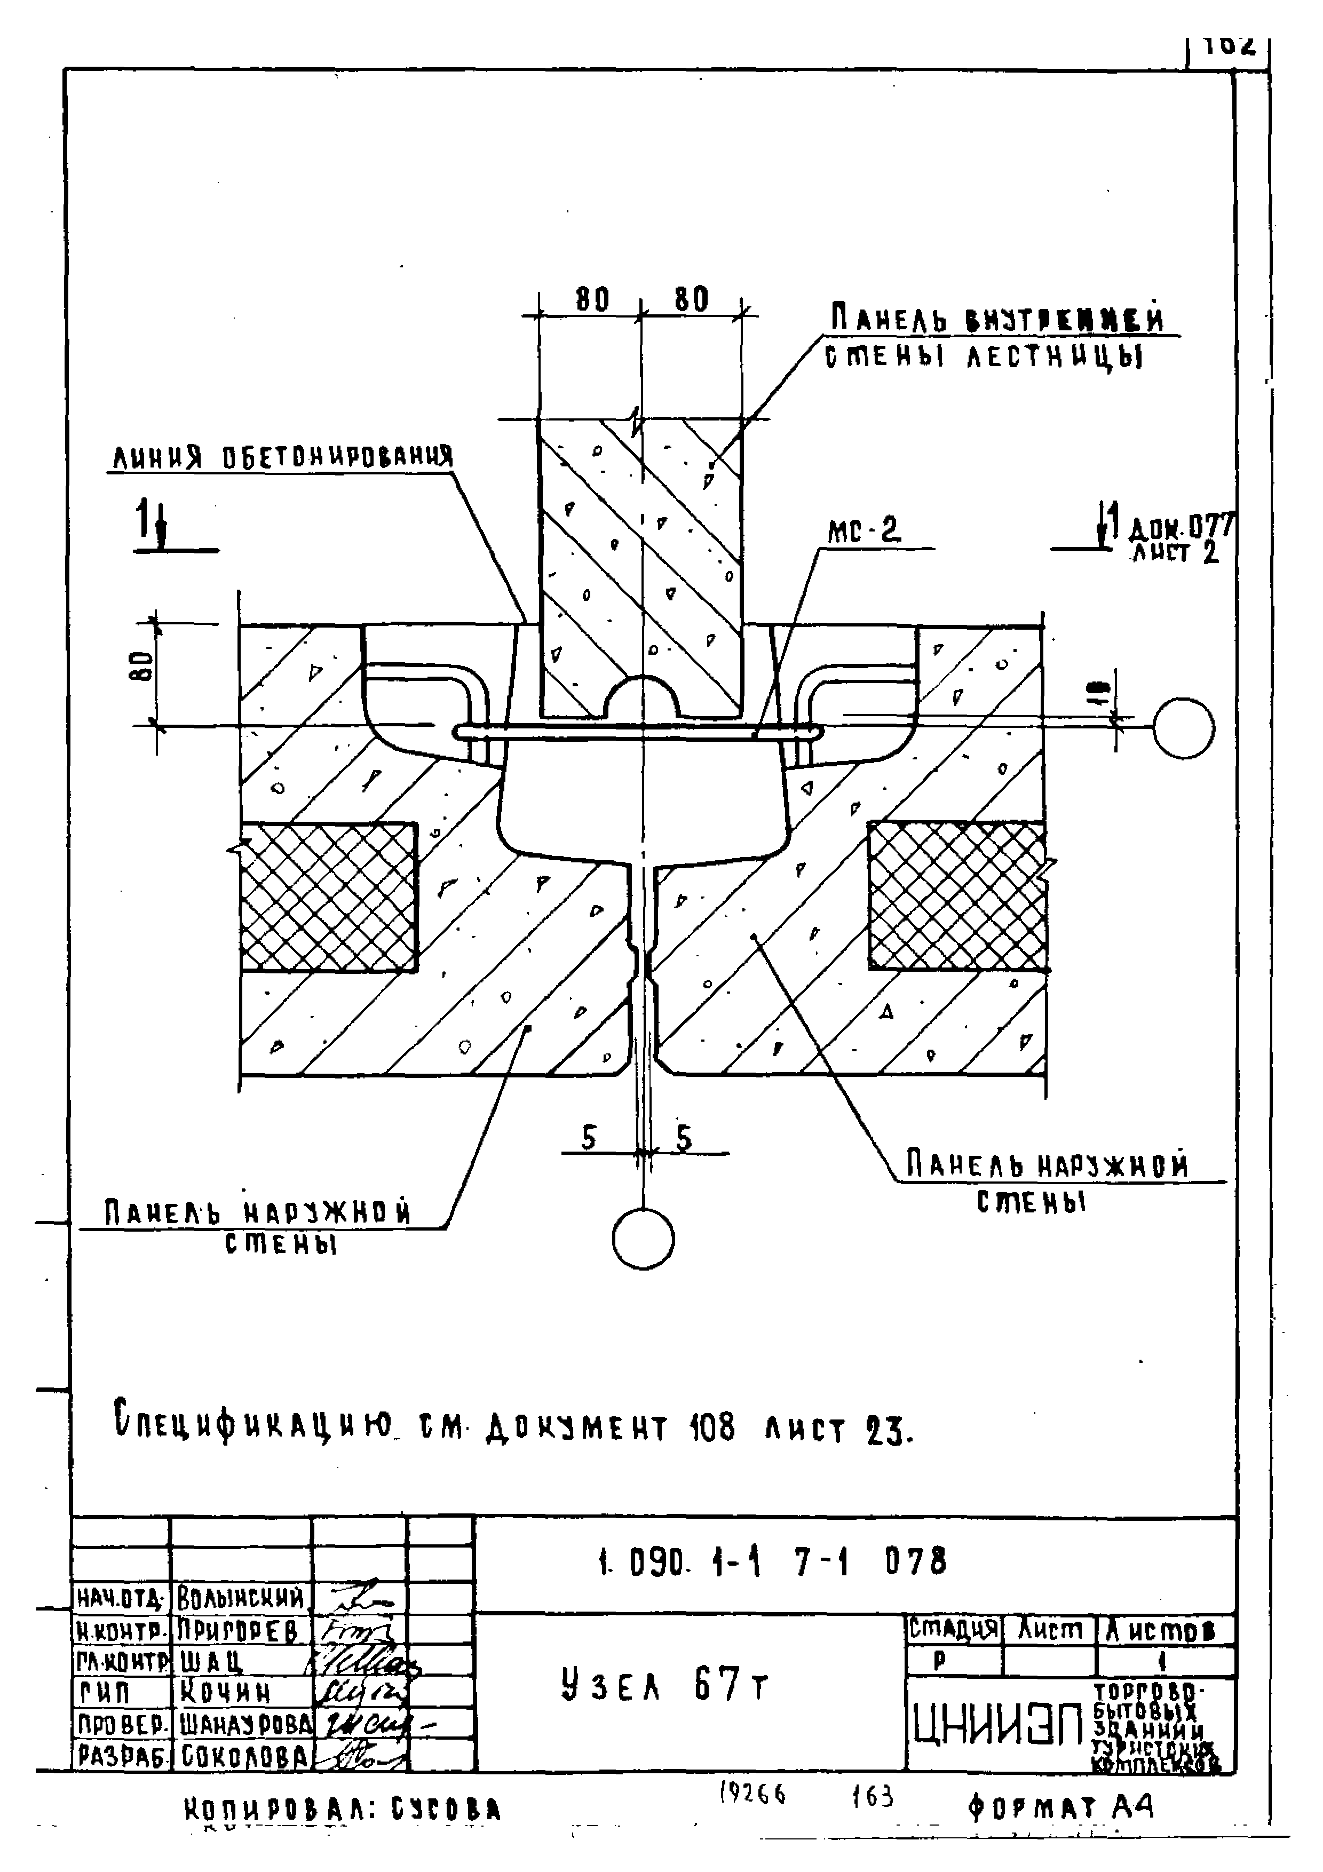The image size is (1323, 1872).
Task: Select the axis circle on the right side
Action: pyautogui.click(x=1183, y=728)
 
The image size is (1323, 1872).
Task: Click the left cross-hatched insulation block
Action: pyautogui.click(x=328, y=897)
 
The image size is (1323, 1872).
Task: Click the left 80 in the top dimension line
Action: pyautogui.click(x=592, y=300)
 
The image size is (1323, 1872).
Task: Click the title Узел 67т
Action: pyautogui.click(x=665, y=1686)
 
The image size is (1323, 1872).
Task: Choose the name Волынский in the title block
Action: pyautogui.click(x=241, y=1598)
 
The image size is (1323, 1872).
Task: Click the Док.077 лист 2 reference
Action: pyautogui.click(x=1179, y=538)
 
